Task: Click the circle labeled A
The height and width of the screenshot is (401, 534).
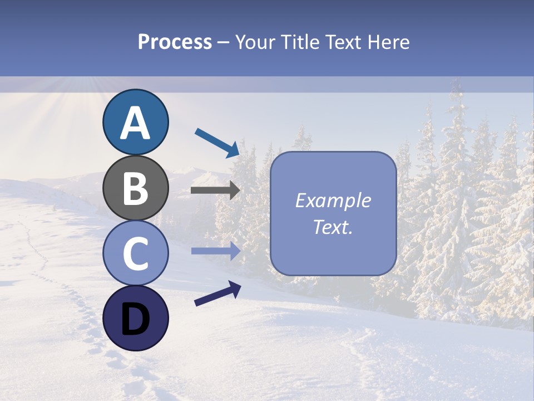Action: pyautogui.click(x=135, y=122)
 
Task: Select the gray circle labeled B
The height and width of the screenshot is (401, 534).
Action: pyautogui.click(x=135, y=188)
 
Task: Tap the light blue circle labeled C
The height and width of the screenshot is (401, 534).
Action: pyautogui.click(x=135, y=253)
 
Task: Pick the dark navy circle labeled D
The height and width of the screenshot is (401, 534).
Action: pyautogui.click(x=135, y=318)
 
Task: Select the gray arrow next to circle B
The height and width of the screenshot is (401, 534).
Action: pyautogui.click(x=215, y=190)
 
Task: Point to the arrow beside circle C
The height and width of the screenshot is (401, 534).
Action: pyautogui.click(x=215, y=251)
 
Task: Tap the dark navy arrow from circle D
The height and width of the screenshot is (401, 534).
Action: pyautogui.click(x=217, y=294)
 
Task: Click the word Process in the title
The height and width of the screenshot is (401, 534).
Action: pyautogui.click(x=175, y=42)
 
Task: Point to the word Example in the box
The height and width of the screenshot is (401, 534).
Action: pyautogui.click(x=333, y=200)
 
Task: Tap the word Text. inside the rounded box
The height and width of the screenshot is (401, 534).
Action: pyautogui.click(x=333, y=227)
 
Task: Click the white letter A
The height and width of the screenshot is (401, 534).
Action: pyautogui.click(x=135, y=123)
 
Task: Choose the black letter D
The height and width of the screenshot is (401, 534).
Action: pyautogui.click(x=135, y=319)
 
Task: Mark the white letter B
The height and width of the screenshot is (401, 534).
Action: pyautogui.click(x=135, y=188)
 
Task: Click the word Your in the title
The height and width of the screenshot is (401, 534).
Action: pyautogui.click(x=254, y=42)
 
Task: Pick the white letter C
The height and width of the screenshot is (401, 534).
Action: pyautogui.click(x=135, y=253)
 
